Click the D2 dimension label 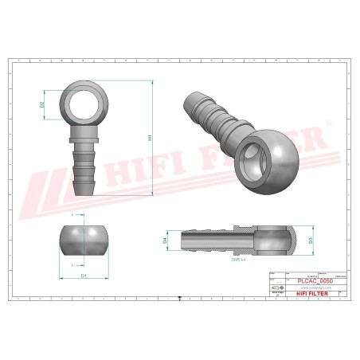42,104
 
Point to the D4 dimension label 165,239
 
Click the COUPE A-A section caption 237,259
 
